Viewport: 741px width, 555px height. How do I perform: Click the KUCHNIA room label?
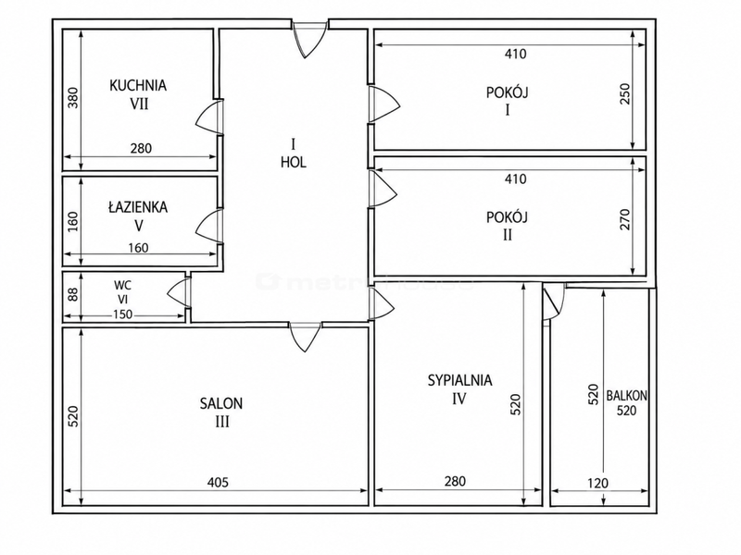(138, 85)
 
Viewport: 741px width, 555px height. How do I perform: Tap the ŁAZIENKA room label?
(138, 206)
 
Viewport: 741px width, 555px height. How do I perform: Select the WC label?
(122, 286)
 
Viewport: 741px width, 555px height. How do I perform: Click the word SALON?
(221, 403)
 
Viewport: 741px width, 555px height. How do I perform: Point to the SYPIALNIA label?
(459, 380)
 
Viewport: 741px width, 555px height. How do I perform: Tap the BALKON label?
(627, 396)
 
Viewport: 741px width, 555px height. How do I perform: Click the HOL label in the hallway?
(294, 163)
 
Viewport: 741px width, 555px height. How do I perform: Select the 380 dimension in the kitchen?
(74, 98)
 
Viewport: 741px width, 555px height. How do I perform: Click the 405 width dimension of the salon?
(218, 482)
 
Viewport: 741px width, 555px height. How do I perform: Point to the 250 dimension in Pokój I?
(624, 94)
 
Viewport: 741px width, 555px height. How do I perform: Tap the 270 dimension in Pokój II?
(624, 219)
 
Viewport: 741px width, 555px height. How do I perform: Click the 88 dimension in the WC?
(73, 294)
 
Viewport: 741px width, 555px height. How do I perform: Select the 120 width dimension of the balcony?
(597, 483)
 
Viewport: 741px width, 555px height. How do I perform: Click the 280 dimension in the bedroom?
(455, 481)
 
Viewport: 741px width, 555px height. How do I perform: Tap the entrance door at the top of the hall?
(309, 40)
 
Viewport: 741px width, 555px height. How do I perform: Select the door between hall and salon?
(306, 337)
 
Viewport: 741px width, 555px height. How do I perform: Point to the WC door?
(179, 293)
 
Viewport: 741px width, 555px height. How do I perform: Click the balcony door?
(553, 302)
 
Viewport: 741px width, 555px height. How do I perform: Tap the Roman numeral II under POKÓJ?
(507, 235)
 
